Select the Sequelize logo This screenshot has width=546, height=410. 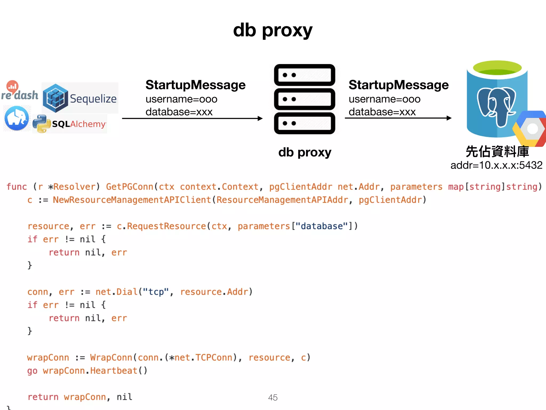pyautogui.click(x=80, y=98)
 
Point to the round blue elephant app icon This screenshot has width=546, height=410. pyautogui.click(x=17, y=118)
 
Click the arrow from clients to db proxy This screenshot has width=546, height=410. pyautogui.click(x=192, y=118)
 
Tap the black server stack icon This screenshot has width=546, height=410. pyautogui.click(x=304, y=99)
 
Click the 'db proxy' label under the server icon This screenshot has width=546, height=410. pyautogui.click(x=305, y=152)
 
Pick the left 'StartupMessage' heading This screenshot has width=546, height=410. pyautogui.click(x=195, y=85)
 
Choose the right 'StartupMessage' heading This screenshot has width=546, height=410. pyautogui.click(x=399, y=85)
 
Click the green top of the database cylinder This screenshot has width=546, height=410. pyautogui.click(x=497, y=68)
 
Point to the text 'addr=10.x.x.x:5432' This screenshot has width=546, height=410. pyautogui.click(x=496, y=165)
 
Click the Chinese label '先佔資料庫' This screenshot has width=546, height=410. pyautogui.click(x=497, y=151)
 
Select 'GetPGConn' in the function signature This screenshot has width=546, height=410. pyautogui.click(x=130, y=187)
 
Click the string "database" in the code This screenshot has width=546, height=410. pyautogui.click(x=322, y=226)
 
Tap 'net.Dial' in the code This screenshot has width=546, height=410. pyautogui.click(x=117, y=292)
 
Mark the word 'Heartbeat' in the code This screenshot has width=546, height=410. pyautogui.click(x=114, y=370)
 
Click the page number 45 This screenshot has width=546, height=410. pyautogui.click(x=273, y=397)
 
